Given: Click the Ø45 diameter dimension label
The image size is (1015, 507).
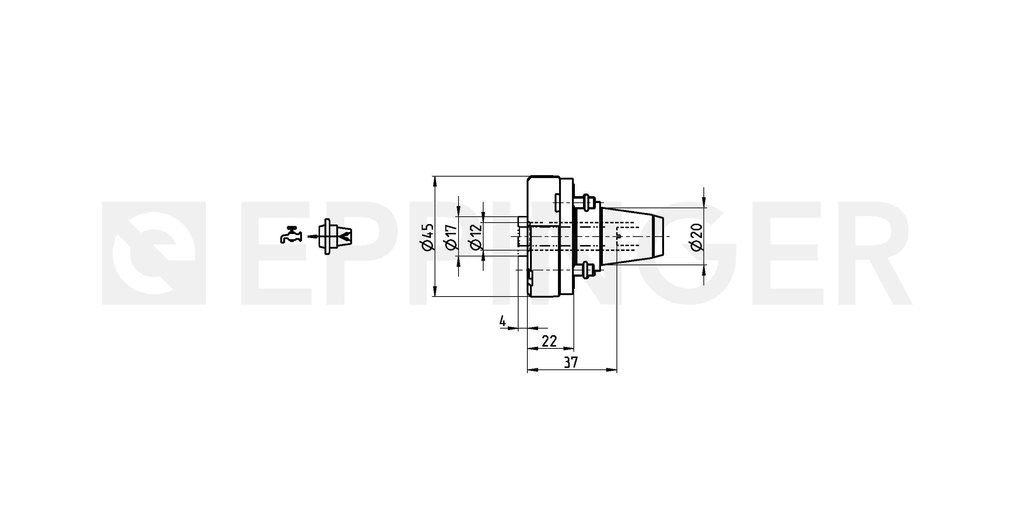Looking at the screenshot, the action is [x=428, y=237].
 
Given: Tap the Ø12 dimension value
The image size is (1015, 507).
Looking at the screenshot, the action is [x=476, y=237].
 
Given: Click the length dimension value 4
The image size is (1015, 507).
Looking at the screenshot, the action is [x=502, y=321].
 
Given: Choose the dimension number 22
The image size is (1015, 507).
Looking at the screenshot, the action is [x=549, y=341].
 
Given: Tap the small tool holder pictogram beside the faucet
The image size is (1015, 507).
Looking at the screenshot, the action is [x=335, y=237].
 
